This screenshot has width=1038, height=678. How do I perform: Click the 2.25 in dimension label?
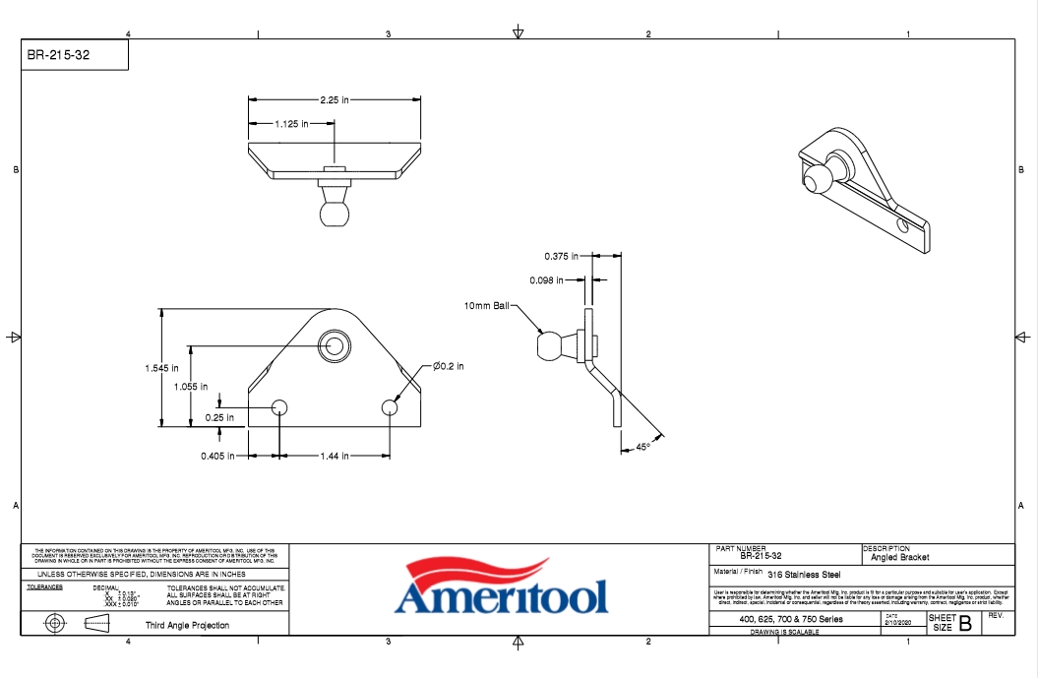click(x=335, y=99)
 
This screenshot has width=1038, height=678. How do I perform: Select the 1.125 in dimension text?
click(x=292, y=124)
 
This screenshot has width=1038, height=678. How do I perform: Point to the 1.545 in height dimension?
click(x=161, y=368)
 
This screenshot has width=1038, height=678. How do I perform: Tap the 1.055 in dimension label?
click(x=191, y=387)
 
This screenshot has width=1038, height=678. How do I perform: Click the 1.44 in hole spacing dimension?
click(x=335, y=456)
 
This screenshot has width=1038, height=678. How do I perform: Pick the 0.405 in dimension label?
click(x=217, y=456)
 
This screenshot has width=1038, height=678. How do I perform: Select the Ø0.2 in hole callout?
click(x=448, y=366)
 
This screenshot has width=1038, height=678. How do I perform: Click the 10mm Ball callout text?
click(x=487, y=306)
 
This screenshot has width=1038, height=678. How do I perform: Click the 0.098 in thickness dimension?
click(x=548, y=280)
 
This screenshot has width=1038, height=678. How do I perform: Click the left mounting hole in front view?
click(x=280, y=407)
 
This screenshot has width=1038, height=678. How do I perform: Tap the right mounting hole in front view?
click(x=391, y=407)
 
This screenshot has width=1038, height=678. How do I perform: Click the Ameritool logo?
click(x=501, y=587)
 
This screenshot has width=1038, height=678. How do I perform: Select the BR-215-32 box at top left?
click(x=76, y=56)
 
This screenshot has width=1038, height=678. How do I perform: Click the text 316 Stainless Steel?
click(x=804, y=575)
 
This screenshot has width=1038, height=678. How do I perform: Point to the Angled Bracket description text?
click(x=899, y=558)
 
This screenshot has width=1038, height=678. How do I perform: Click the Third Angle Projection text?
click(x=187, y=625)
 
